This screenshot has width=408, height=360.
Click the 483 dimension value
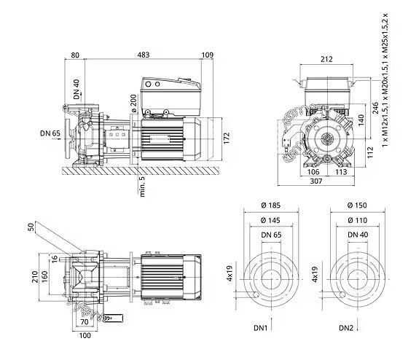[144, 55]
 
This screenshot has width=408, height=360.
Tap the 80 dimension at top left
[75, 55]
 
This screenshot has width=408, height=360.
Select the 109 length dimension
[208, 55]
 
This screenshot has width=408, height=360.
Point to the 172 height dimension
[227, 138]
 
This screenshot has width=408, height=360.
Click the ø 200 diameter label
[133, 103]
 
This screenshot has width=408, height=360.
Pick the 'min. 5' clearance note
[142, 187]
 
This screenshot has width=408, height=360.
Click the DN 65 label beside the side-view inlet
[50, 133]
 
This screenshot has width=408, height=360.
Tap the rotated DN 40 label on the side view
[76, 90]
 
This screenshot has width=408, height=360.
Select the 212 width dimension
[326, 59]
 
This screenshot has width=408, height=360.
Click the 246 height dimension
[375, 108]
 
